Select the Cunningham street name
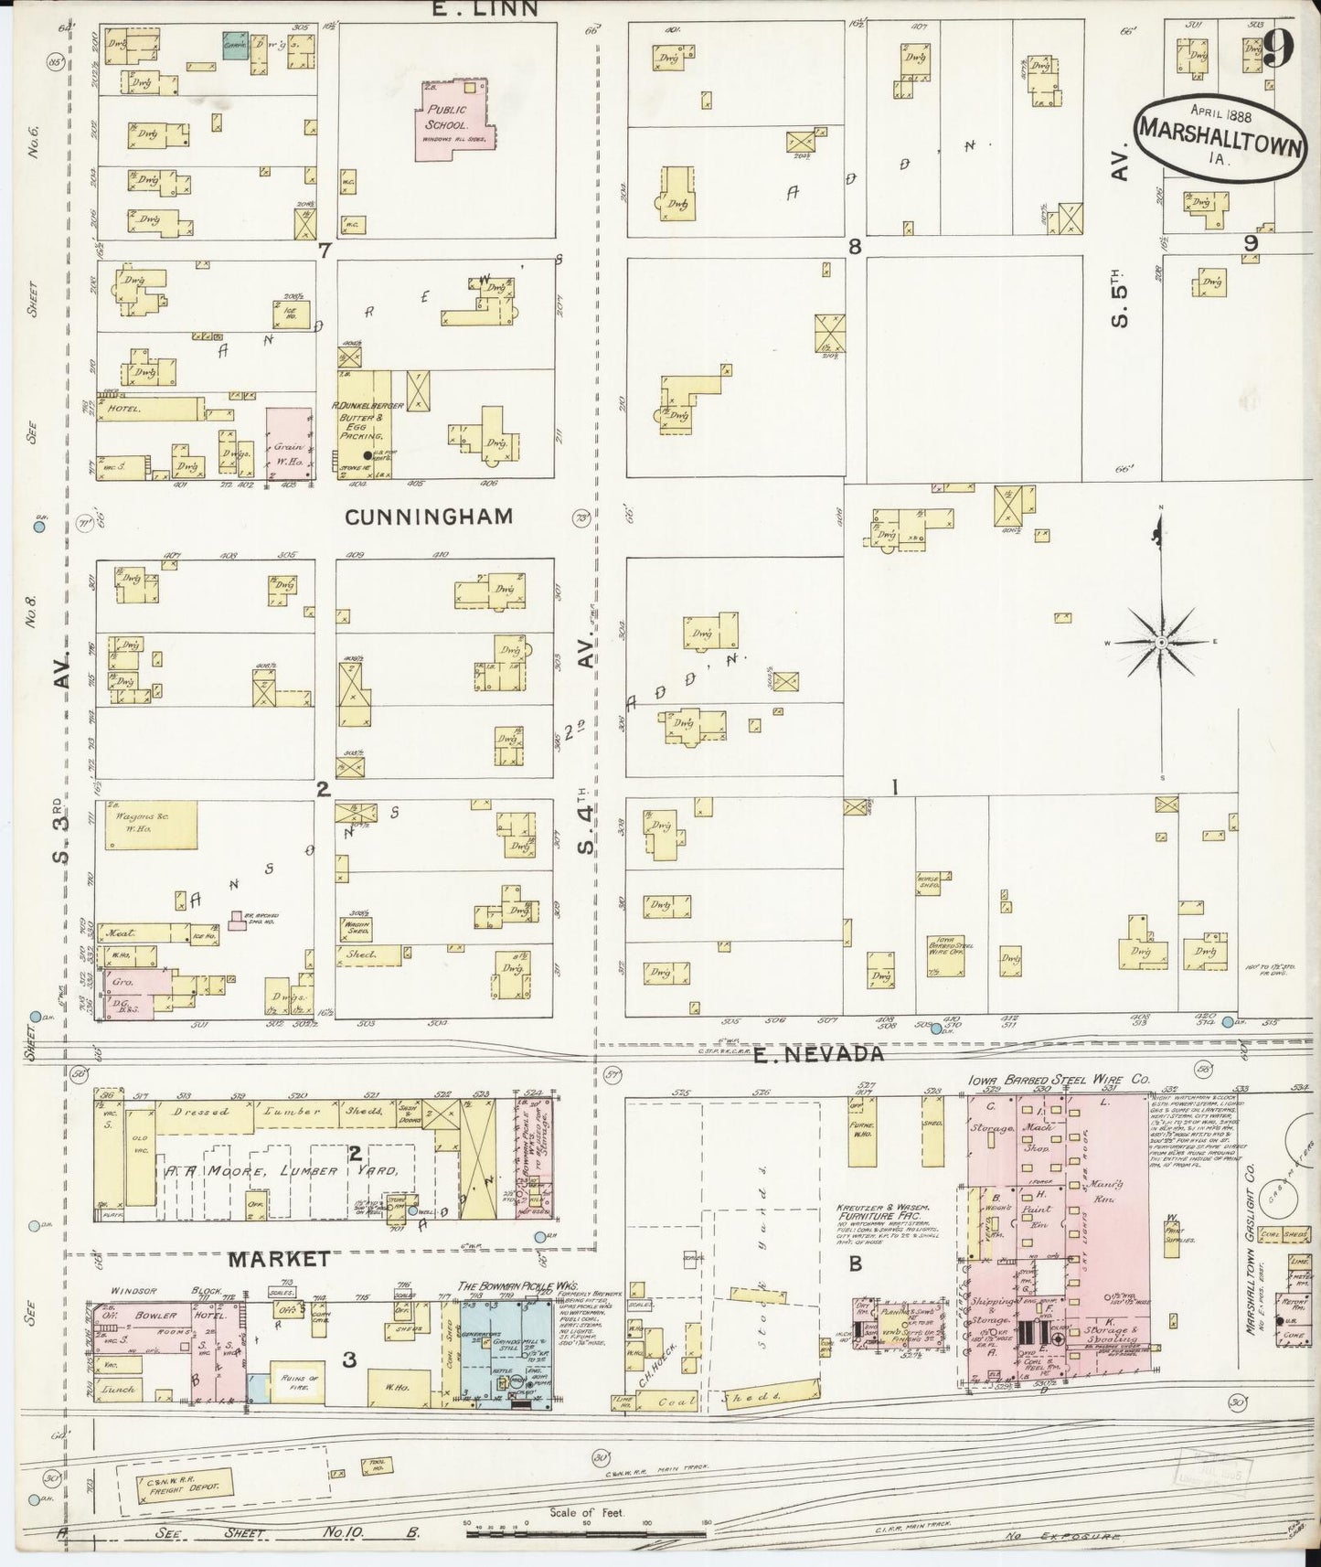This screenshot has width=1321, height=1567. [x=429, y=517]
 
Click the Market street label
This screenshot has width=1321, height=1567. [x=279, y=1259]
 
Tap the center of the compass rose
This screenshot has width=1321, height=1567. [x=1160, y=644]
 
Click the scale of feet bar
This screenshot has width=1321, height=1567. [x=585, y=1528]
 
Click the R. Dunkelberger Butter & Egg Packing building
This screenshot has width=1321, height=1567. [x=368, y=423]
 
